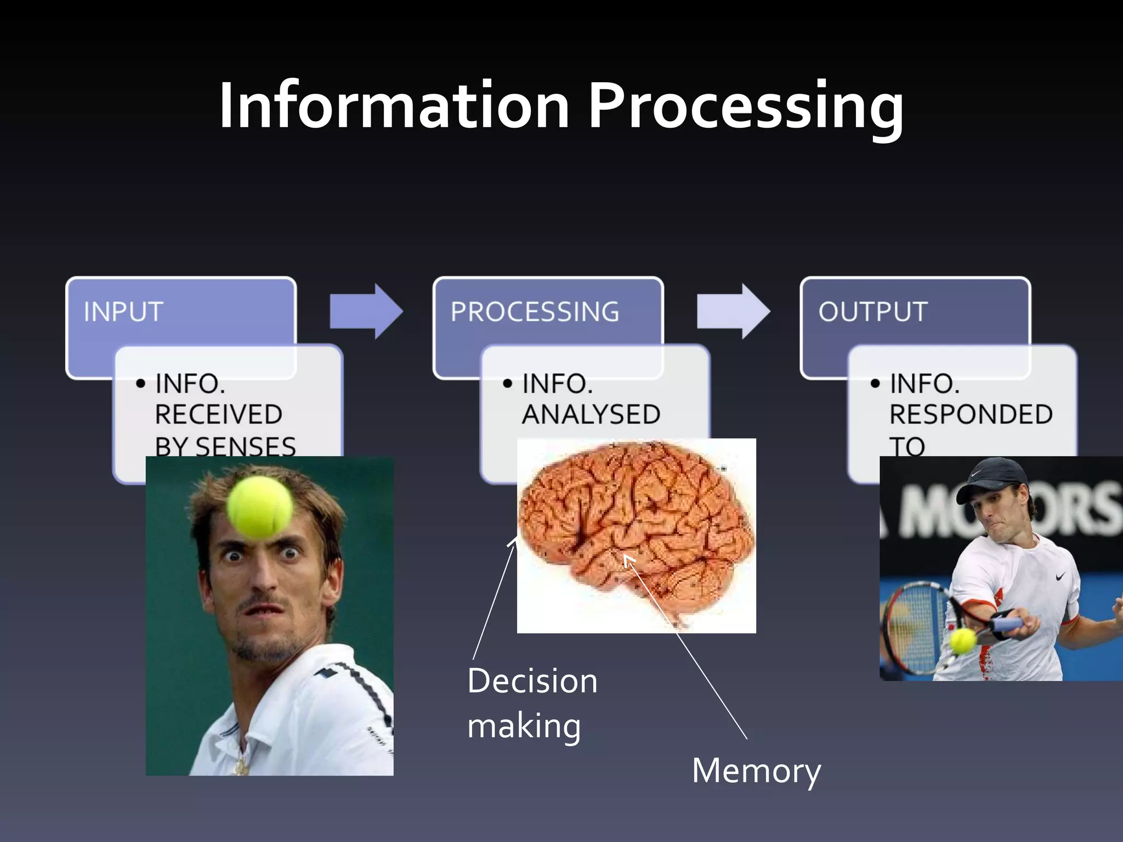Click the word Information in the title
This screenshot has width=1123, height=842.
pos(394,105)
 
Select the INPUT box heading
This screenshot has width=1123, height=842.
pos(123,311)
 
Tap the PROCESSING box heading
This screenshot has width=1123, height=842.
pos(535,311)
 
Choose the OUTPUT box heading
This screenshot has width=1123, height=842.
pos(872,311)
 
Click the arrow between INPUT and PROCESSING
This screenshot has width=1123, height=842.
pos(366,311)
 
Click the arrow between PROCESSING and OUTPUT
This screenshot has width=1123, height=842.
pos(733,311)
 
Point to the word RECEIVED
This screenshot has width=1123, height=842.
pos(218,414)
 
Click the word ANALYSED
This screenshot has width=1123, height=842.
pos(591,414)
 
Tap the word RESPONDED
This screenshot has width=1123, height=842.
pos(971,414)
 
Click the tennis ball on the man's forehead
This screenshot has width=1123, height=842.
pos(259,507)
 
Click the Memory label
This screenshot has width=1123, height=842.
pos(756,770)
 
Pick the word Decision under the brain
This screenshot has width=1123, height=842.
pos(532,681)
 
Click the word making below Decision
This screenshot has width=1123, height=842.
pos(524,726)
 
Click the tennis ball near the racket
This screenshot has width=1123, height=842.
pos(962,640)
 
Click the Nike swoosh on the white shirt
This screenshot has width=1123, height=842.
pos(1060,577)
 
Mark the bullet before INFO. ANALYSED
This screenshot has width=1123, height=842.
pos(508,383)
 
